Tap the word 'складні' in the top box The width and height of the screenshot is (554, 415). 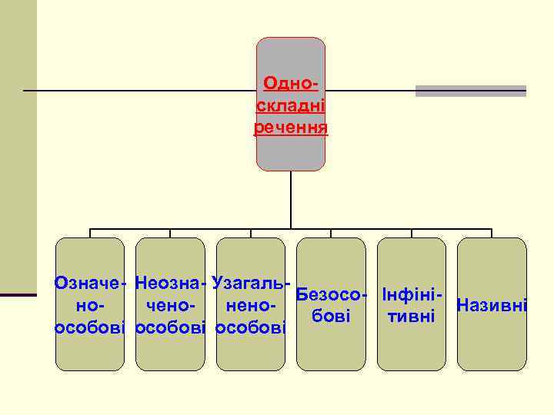pos(291,104)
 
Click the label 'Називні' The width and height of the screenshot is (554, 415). pos(492,306)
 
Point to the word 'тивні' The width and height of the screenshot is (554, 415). pos(412,316)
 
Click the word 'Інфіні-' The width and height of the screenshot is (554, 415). pos(412,294)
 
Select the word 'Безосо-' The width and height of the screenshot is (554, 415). pos(332,294)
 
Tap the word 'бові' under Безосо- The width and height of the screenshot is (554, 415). pos(332,316)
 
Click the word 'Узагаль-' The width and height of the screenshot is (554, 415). pos(252,283)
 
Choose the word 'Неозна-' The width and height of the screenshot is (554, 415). pos(170,283)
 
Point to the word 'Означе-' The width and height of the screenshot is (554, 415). pos(90,283)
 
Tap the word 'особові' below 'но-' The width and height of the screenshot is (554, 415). pos(90,328)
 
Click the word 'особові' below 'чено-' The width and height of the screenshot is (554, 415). pos(170,328)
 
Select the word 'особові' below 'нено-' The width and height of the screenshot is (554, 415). pos(252,328)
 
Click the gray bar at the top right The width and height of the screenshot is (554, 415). pos(471,91)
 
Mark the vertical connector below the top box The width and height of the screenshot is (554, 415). pos(291,200)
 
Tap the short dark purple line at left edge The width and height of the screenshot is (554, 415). pos(18,294)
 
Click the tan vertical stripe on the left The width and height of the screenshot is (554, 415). pos(18,146)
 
